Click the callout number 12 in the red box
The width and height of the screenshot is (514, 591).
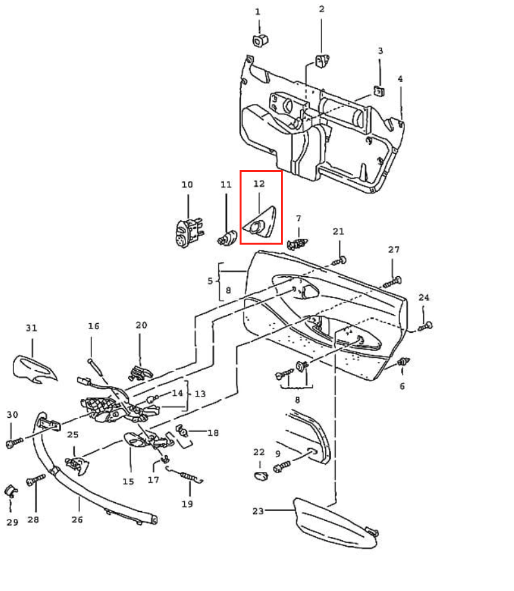click(259, 184)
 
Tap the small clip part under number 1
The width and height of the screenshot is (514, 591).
click(261, 40)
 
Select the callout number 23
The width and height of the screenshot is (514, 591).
click(258, 511)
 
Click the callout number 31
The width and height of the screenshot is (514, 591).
click(32, 328)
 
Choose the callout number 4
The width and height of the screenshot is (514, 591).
click(400, 79)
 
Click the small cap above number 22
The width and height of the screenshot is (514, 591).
click(260, 476)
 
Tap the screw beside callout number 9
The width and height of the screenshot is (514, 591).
click(283, 465)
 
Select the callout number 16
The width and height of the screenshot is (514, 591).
click(94, 326)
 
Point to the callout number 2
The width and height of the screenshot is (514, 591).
click(321, 9)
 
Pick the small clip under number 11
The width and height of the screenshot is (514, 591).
click(225, 238)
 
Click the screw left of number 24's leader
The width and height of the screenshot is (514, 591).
click(424, 327)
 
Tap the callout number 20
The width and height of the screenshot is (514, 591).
click(142, 326)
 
